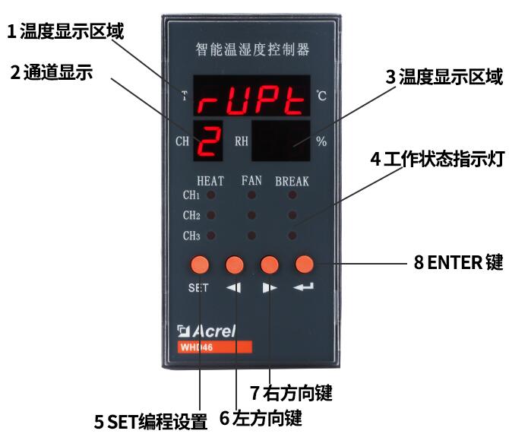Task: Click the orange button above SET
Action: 200,264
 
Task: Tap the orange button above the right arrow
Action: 270,264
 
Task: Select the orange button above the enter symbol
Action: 304,264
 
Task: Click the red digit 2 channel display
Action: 210,140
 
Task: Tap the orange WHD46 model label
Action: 214,347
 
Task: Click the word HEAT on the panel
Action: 210,181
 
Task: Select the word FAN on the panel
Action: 251,181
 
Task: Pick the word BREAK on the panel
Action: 292,181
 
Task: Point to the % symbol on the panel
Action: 321,141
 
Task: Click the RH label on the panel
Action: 241,141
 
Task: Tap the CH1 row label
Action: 191,195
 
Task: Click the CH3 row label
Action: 191,236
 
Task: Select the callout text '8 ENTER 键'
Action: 458,263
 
